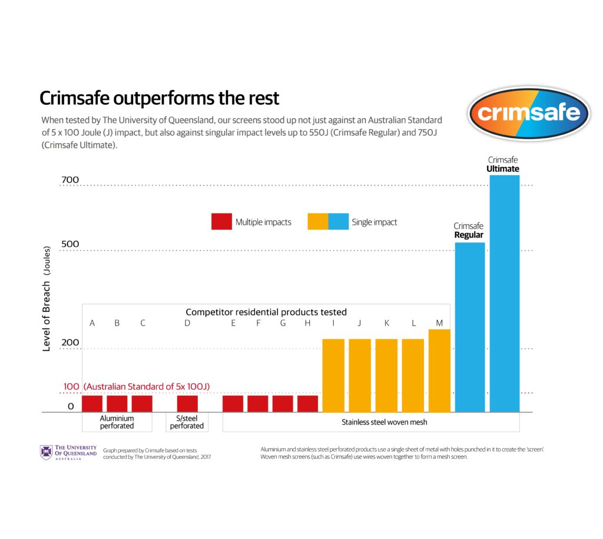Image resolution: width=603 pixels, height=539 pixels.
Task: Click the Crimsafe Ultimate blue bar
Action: (x=505, y=293)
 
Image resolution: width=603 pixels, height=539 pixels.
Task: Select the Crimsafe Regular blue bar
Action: (x=469, y=327)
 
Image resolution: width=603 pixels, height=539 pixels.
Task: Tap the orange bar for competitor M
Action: (x=439, y=370)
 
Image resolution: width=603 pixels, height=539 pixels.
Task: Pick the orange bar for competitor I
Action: (x=333, y=375)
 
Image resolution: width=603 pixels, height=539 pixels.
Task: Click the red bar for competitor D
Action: (x=187, y=403)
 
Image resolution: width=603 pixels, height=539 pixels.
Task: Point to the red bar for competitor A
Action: (x=92, y=403)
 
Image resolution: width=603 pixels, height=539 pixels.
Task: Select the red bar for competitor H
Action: (x=307, y=403)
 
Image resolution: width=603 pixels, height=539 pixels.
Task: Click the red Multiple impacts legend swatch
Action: (x=221, y=222)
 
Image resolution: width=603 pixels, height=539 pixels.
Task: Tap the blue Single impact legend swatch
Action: (x=338, y=222)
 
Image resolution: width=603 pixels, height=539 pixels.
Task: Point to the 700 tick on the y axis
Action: (x=70, y=179)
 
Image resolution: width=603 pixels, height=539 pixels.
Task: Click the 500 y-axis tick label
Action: (x=70, y=244)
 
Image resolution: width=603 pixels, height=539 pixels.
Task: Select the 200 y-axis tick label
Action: (x=70, y=342)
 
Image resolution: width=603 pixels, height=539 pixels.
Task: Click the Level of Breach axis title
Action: (x=47, y=299)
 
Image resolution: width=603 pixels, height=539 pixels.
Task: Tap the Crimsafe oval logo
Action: (x=529, y=113)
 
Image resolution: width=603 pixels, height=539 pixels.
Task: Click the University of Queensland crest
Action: (x=46, y=452)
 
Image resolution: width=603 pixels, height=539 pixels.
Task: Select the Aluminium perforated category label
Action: (x=117, y=422)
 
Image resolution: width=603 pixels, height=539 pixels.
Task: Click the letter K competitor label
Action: (x=386, y=323)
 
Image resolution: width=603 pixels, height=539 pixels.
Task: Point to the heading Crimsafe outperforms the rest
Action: (x=159, y=97)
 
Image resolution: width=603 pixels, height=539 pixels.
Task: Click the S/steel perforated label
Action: (x=187, y=422)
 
